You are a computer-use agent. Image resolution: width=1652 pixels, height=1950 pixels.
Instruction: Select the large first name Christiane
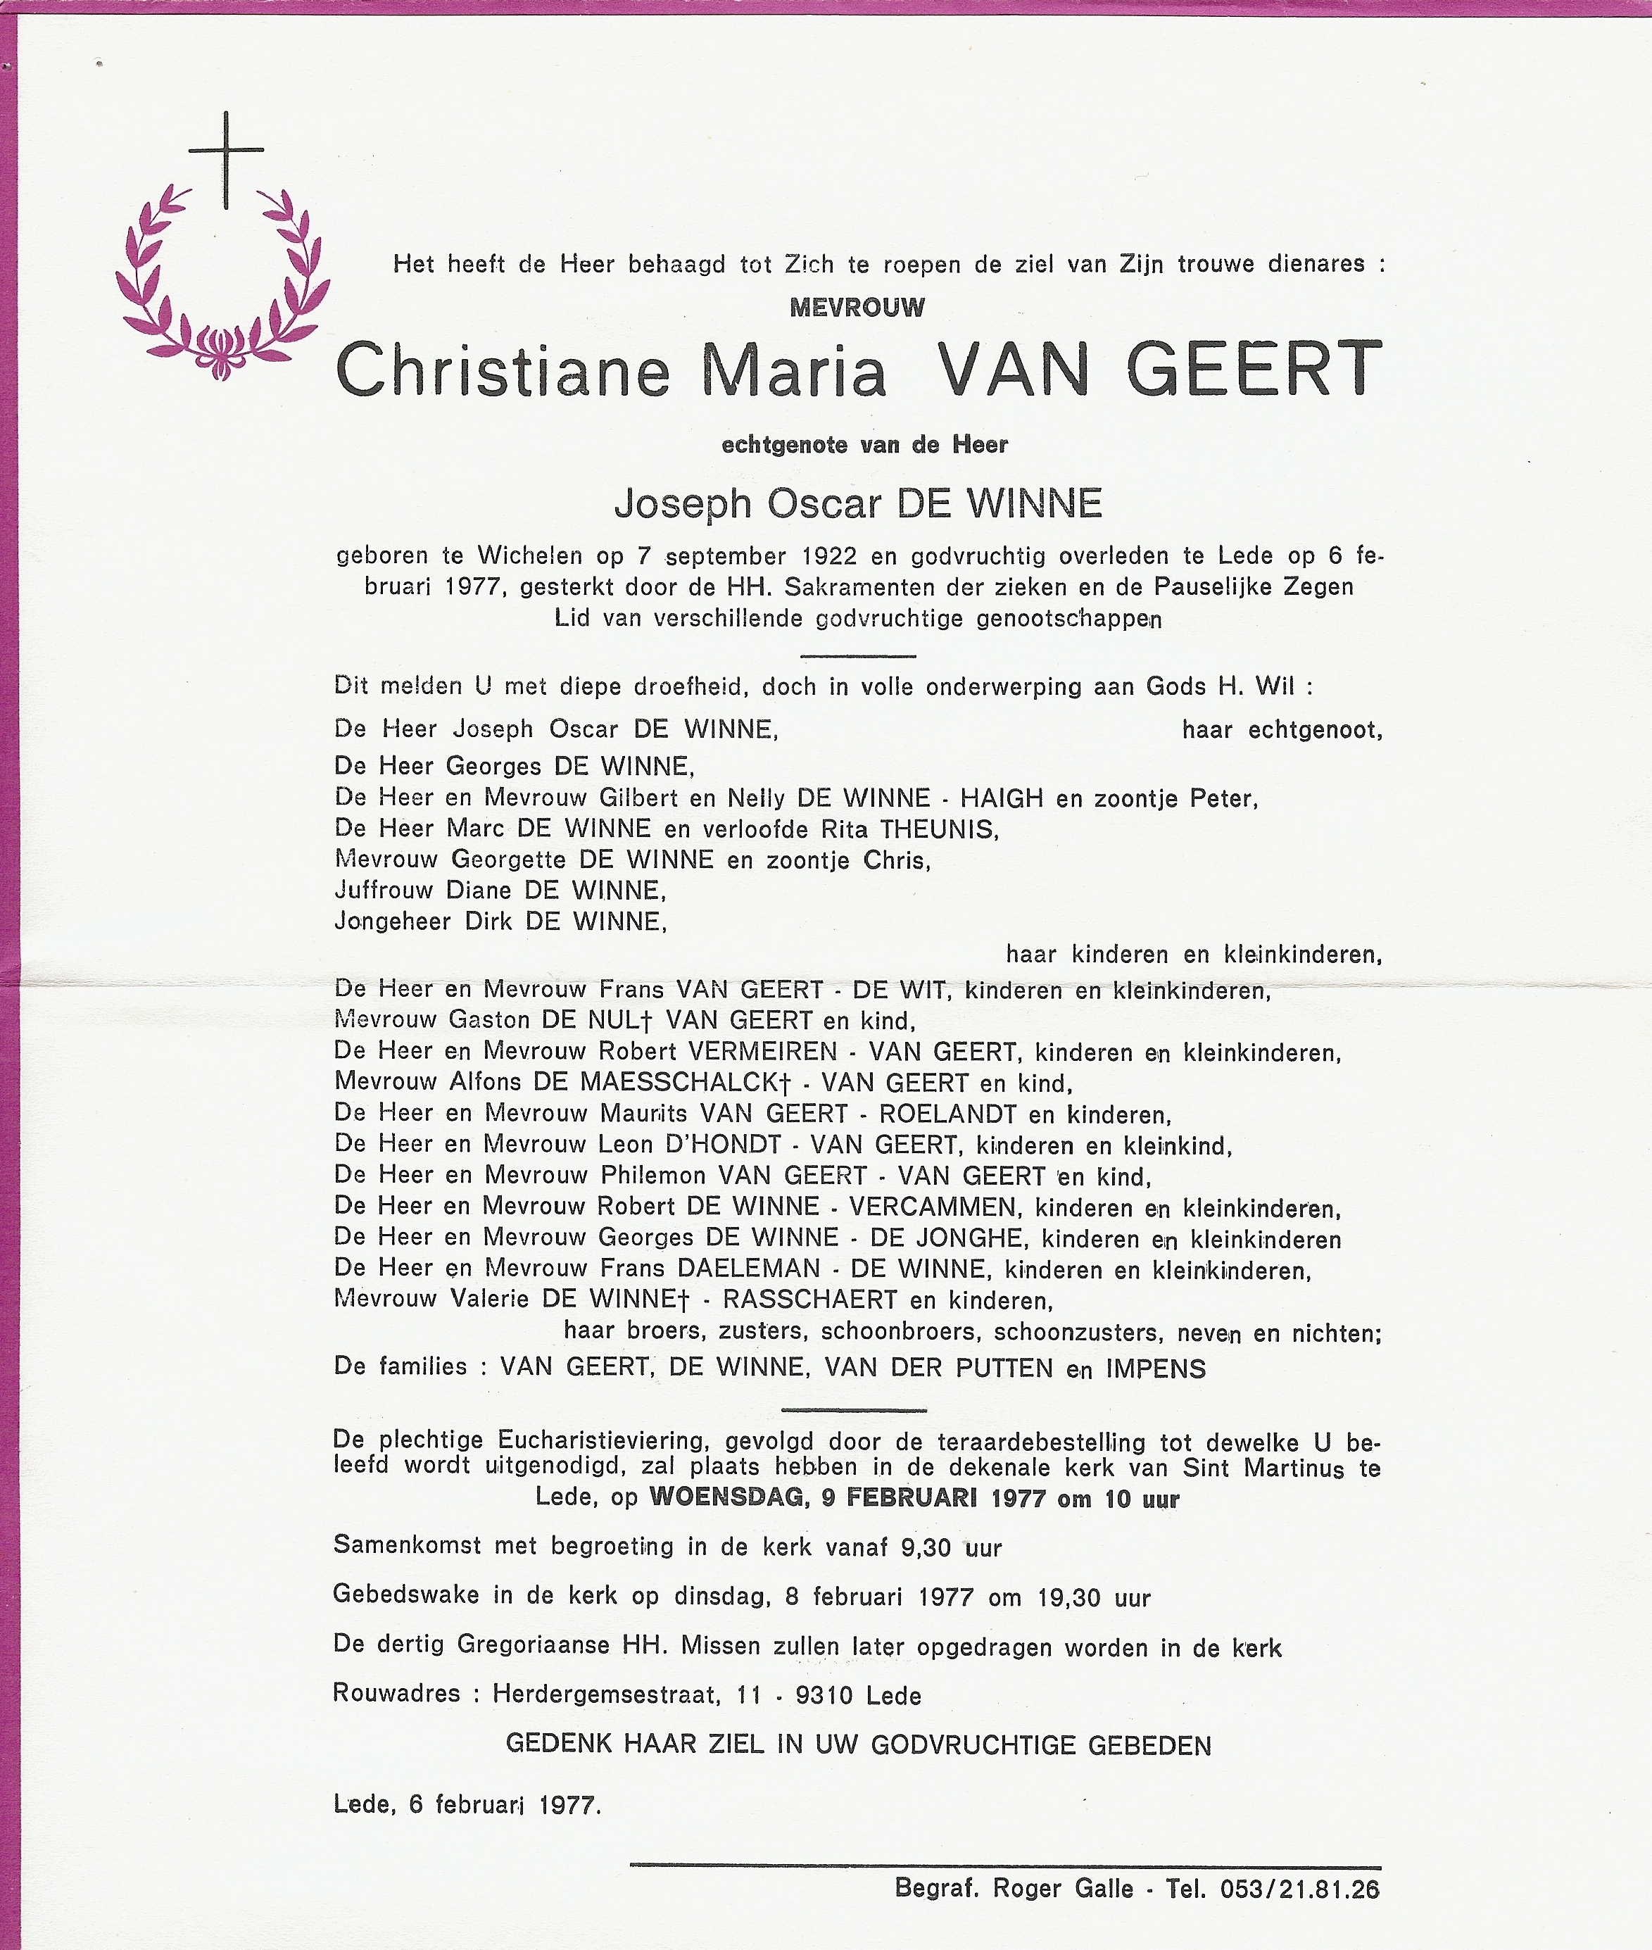(503, 371)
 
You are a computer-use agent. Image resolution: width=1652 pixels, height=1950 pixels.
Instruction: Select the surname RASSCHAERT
(809, 1300)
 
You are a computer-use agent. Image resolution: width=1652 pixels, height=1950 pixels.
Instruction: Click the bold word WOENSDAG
(726, 1497)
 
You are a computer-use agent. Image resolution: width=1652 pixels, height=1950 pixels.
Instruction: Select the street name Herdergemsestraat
(606, 1694)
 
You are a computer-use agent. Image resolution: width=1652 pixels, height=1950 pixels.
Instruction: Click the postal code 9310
(821, 1694)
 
